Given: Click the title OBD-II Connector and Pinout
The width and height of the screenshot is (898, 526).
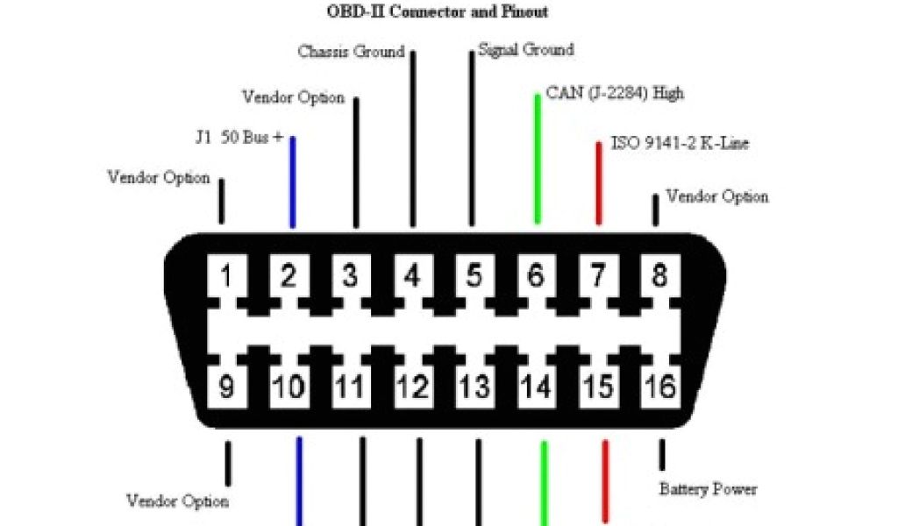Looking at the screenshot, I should (438, 11).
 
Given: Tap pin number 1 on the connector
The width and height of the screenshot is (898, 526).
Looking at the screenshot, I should (226, 277).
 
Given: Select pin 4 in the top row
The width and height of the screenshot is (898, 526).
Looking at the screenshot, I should (411, 277).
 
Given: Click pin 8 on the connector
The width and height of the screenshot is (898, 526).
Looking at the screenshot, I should (659, 277).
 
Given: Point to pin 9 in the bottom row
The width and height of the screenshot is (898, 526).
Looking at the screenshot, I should (226, 387).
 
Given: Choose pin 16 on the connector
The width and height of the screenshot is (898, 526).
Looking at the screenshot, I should (659, 387).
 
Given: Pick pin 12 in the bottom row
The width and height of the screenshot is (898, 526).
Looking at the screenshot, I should (411, 387).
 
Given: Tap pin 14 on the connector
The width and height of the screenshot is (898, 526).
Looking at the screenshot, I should (536, 387).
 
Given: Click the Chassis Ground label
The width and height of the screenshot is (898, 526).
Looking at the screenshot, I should (351, 52).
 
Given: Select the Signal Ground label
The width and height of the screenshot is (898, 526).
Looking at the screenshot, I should (526, 50).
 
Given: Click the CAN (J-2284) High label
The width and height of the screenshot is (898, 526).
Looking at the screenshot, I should (615, 92).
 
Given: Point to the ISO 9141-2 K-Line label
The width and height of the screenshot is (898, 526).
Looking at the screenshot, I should (680, 143).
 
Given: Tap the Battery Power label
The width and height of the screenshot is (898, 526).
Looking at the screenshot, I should (708, 488).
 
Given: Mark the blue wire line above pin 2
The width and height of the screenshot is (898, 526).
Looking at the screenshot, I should (292, 182).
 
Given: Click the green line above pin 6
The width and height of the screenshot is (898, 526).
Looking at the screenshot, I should (538, 158).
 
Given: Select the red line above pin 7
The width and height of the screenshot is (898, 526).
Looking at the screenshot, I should (599, 182).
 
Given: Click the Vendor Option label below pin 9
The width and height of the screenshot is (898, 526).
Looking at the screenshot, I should (178, 501).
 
